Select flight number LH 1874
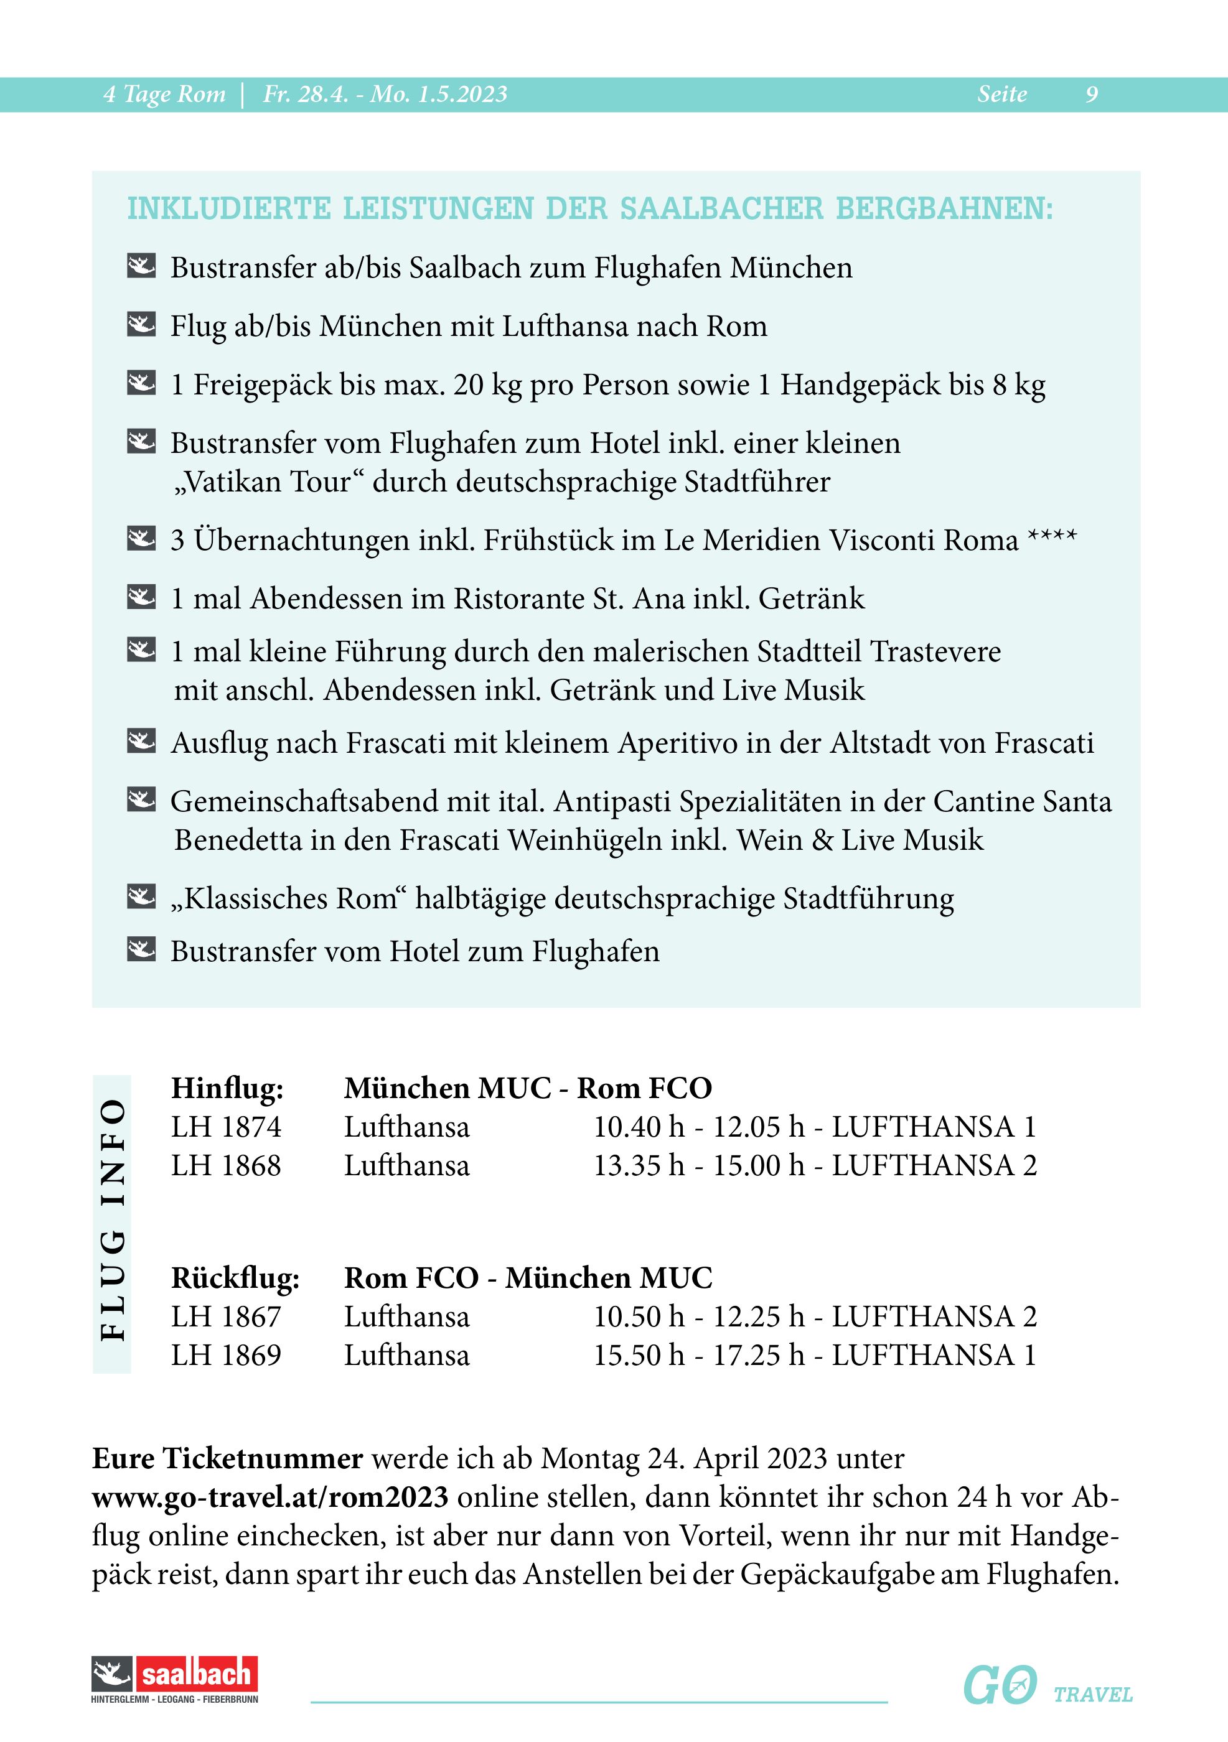[226, 1127]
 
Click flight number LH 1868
[226, 1165]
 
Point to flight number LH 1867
[226, 1316]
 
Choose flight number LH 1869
[226, 1355]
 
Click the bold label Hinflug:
[227, 1088]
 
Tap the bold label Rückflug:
[235, 1278]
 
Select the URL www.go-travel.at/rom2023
[270, 1497]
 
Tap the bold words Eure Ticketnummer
[228, 1458]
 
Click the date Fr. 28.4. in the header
[306, 94]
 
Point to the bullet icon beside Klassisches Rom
[141, 896]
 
